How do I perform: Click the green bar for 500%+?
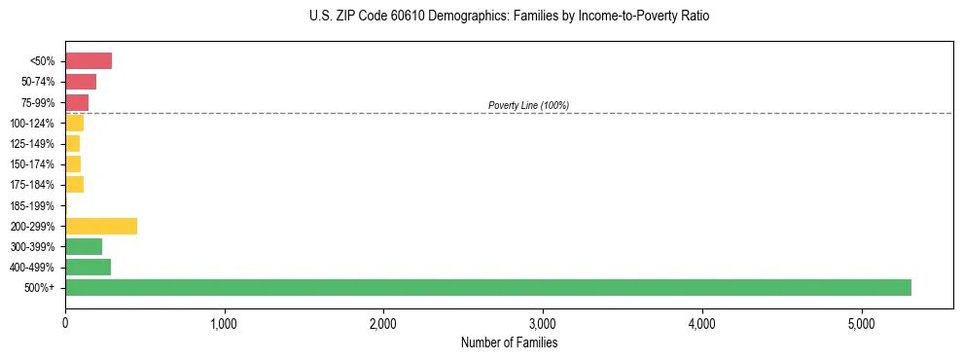coord(487,287)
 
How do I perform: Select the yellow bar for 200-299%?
coord(101,226)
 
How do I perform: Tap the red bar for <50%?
coord(89,61)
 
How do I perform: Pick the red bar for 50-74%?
coord(81,82)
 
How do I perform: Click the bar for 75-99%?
coord(77,102)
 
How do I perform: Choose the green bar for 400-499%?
coord(88,267)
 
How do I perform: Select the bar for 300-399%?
coord(84,246)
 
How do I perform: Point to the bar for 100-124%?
coord(74,123)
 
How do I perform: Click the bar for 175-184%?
coord(74,185)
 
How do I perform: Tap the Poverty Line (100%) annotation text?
coord(528,105)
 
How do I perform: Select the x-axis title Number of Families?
coord(509,342)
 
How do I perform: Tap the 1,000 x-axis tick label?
coord(224,323)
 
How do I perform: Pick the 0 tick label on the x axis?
coord(65,323)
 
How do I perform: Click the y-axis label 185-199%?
coord(32,205)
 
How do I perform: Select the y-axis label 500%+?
coord(40,288)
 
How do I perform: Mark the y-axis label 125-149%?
coord(32,144)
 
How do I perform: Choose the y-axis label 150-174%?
coord(32,164)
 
